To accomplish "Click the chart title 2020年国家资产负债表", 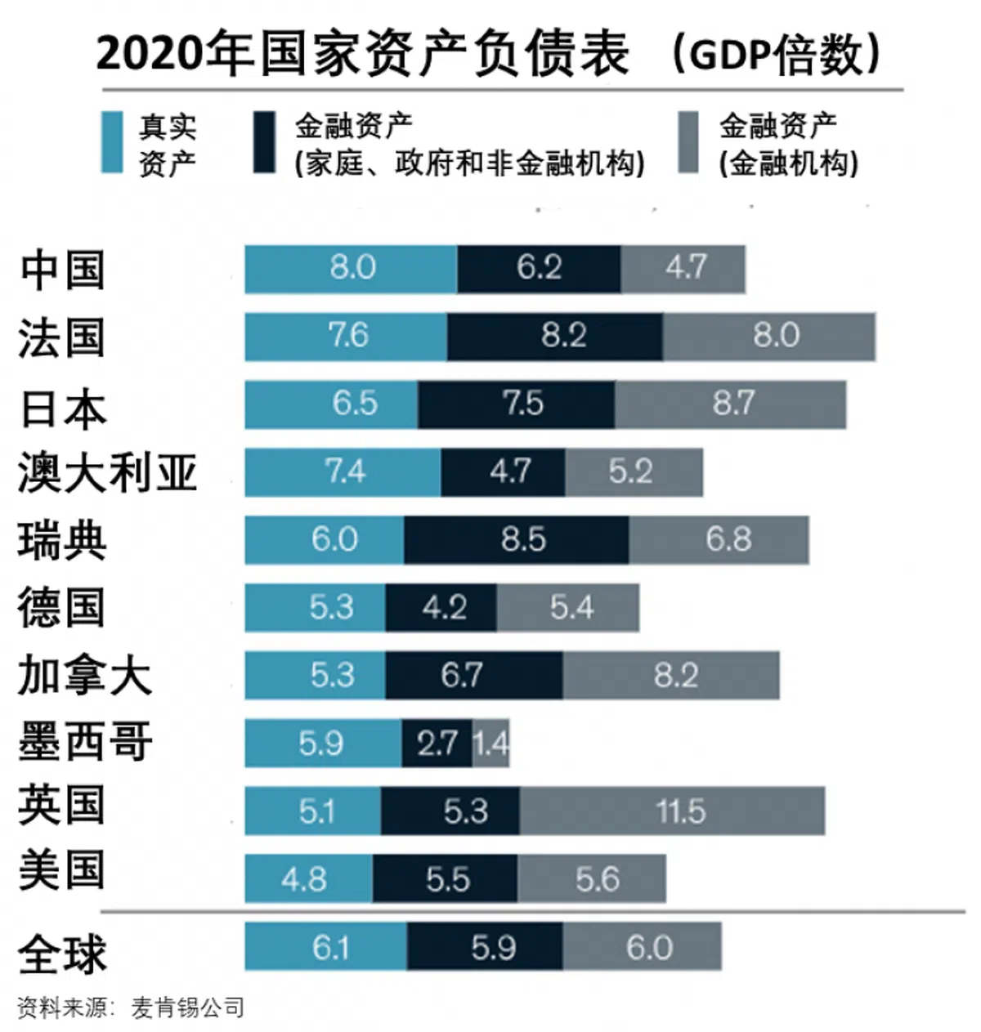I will (x=363, y=55).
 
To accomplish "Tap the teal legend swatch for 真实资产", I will (x=112, y=143).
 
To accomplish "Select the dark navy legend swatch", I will (x=264, y=143).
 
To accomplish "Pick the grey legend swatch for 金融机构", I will (x=689, y=143).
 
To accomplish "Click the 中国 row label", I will (x=63, y=270).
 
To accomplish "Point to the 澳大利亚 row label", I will (x=107, y=473).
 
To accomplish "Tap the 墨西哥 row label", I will (x=85, y=742).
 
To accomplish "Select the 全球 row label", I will (x=63, y=953).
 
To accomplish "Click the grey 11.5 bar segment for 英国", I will (x=672, y=811).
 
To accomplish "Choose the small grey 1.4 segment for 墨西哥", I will (x=491, y=743).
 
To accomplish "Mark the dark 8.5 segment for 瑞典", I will (x=517, y=540).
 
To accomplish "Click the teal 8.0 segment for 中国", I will (x=351, y=269).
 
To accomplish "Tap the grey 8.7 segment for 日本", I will (x=731, y=404).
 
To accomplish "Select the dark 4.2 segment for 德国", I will (x=441, y=608).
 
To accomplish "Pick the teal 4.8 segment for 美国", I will (x=308, y=879).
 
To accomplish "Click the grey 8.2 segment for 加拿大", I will (x=671, y=676).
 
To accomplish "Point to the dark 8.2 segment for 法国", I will (x=555, y=337).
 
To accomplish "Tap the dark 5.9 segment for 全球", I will (x=485, y=947).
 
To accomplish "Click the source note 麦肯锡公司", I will (x=188, y=1007).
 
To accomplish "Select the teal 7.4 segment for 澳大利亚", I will (x=343, y=472).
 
